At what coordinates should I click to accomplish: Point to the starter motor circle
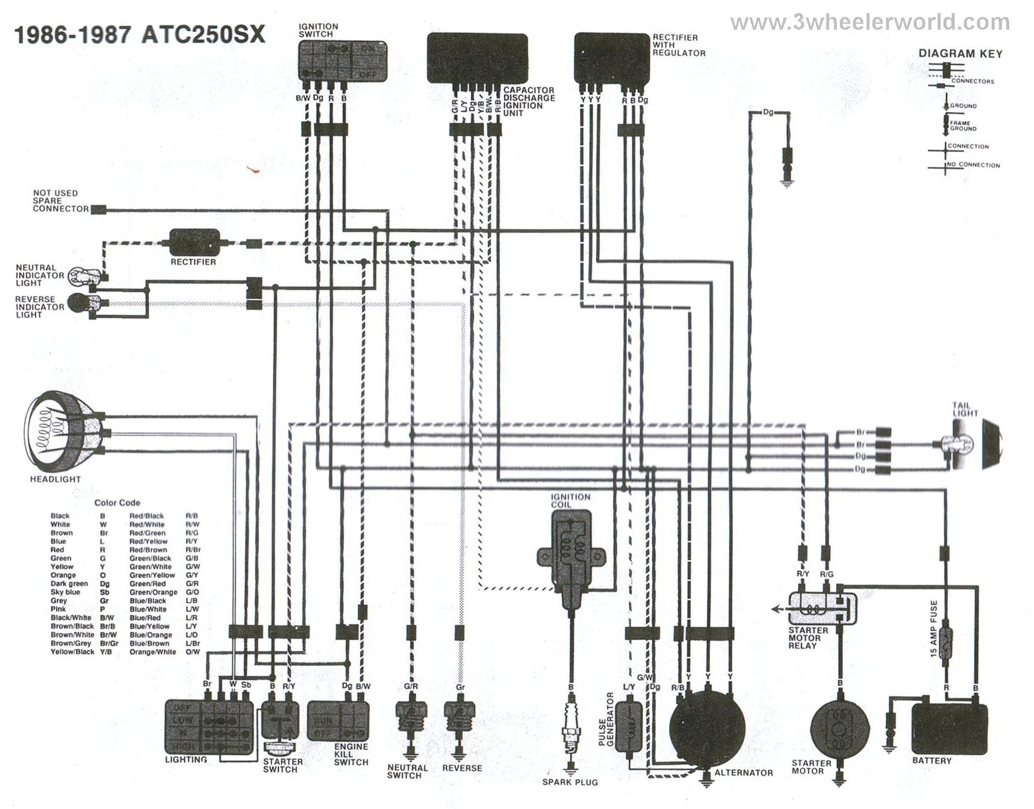click(839, 729)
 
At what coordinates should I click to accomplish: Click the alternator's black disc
click(707, 729)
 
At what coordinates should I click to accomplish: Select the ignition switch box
click(342, 60)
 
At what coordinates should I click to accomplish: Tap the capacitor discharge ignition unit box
click(477, 58)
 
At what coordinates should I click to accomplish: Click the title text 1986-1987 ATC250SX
click(139, 35)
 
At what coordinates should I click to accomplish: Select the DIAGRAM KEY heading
click(960, 54)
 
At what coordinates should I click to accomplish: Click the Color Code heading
click(117, 503)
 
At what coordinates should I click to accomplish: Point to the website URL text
click(869, 23)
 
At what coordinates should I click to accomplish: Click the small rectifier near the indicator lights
click(194, 242)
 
